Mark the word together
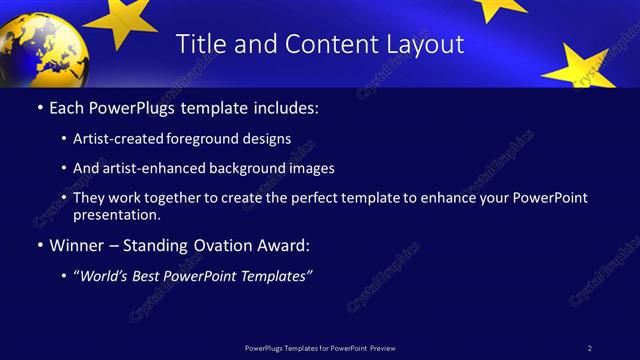point(178,198)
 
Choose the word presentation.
point(116,214)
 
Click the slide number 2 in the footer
point(589,347)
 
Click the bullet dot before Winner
point(40,245)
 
